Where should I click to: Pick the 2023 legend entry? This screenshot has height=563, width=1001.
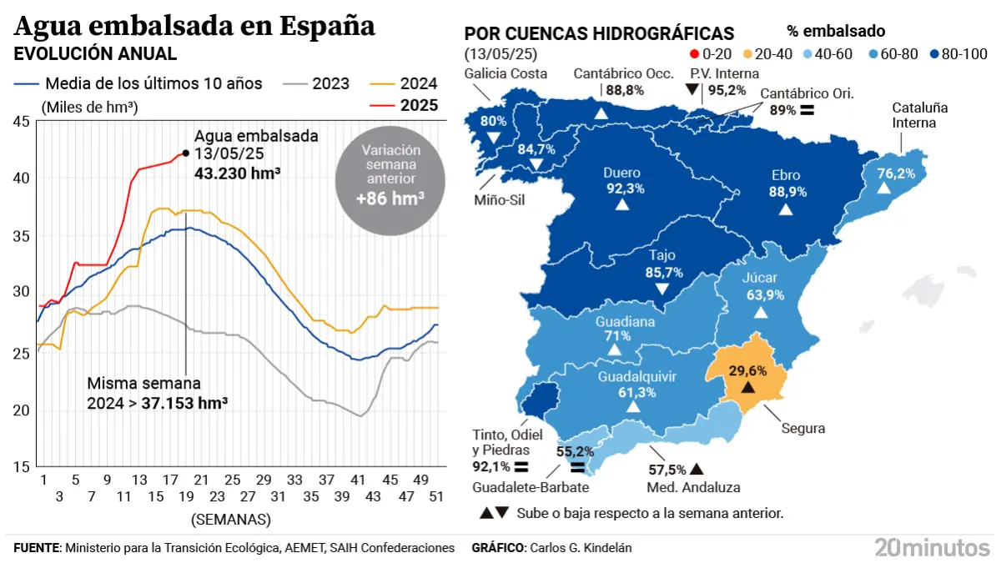[x=317, y=83]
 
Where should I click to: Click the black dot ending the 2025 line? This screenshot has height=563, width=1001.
[x=184, y=153]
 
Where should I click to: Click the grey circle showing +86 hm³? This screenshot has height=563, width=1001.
[x=390, y=175]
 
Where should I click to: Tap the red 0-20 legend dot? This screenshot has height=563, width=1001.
[x=695, y=54]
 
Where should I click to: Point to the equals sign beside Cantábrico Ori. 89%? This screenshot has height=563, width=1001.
[x=807, y=110]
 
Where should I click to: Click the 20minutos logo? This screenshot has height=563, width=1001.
[x=932, y=547]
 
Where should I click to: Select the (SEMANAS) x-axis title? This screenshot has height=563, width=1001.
[x=231, y=519]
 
